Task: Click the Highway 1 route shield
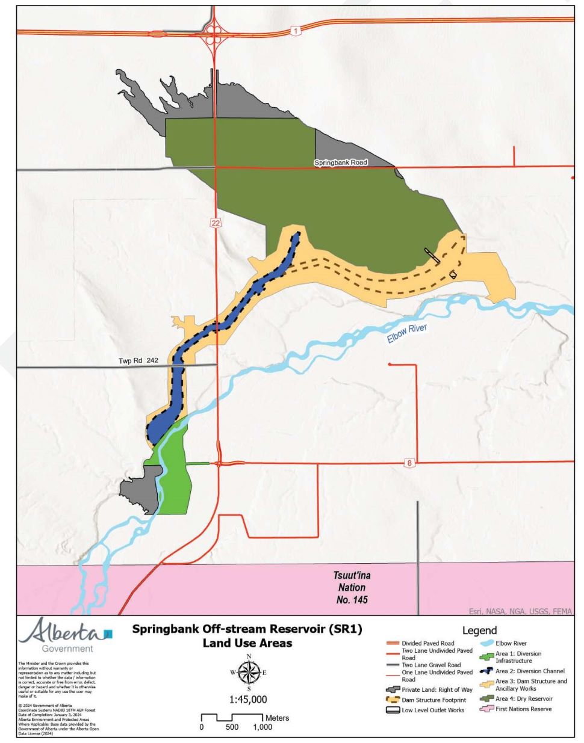[295, 31]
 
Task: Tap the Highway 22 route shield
[216, 223]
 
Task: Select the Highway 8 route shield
[409, 463]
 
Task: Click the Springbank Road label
[340, 162]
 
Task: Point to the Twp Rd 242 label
[138, 360]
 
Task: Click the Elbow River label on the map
[407, 333]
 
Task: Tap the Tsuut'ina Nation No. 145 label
[352, 587]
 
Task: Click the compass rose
[249, 672]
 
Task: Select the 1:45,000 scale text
[248, 700]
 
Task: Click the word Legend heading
[479, 630]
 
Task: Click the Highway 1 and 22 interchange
[214, 29]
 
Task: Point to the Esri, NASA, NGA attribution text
[520, 611]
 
